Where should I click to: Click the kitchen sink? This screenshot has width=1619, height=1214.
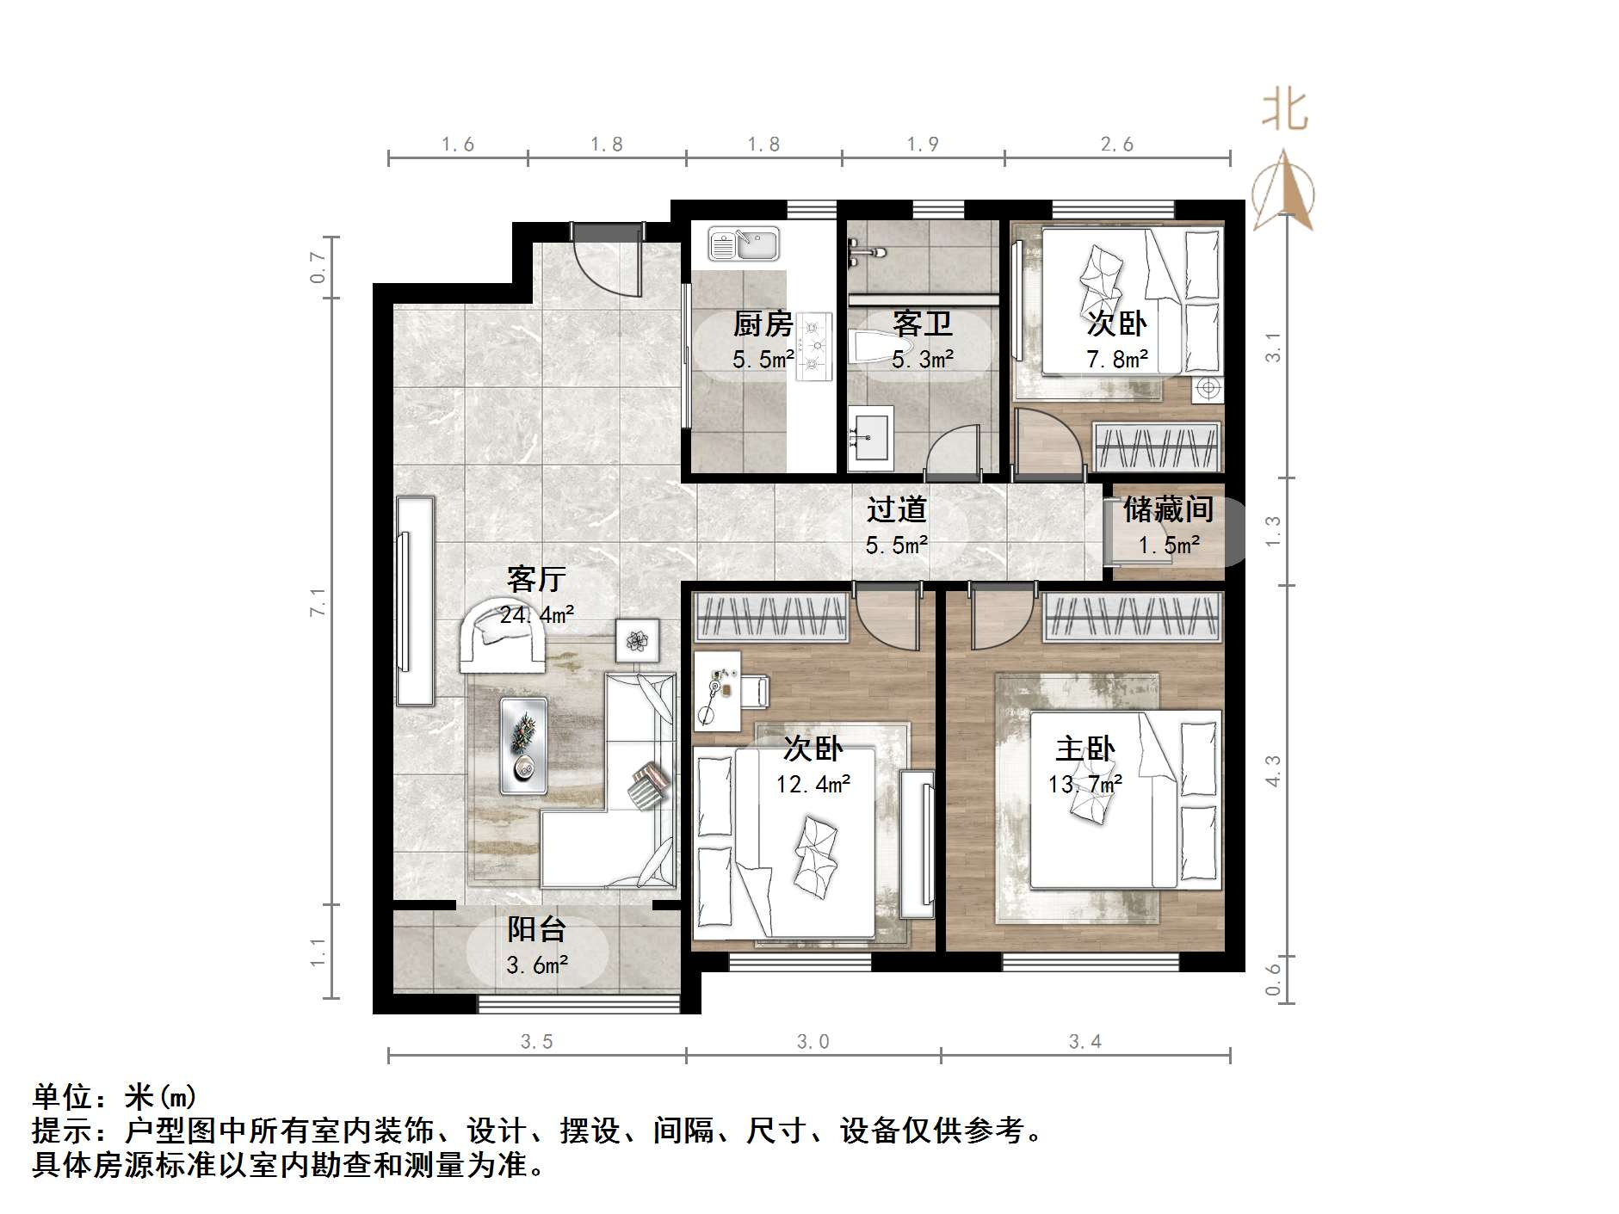point(744,244)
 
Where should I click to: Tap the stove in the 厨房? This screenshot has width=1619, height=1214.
point(814,347)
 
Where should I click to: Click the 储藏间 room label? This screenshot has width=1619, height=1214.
point(1168,509)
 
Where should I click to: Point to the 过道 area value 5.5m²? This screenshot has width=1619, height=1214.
point(896,545)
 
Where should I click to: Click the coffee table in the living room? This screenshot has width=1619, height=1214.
point(523,746)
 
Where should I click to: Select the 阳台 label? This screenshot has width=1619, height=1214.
point(536,929)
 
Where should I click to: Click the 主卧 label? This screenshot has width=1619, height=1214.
point(1085,749)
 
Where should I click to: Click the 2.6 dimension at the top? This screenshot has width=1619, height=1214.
point(1116,145)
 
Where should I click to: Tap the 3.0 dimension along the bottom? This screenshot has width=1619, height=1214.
point(813,1042)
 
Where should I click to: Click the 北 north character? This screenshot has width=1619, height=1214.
point(1284,112)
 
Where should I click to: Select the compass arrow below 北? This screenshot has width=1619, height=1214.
point(1283,191)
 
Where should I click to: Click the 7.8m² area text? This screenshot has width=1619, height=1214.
point(1116,359)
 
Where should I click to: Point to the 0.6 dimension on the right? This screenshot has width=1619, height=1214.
point(1274,978)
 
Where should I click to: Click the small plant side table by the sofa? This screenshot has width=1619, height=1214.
point(638,640)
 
